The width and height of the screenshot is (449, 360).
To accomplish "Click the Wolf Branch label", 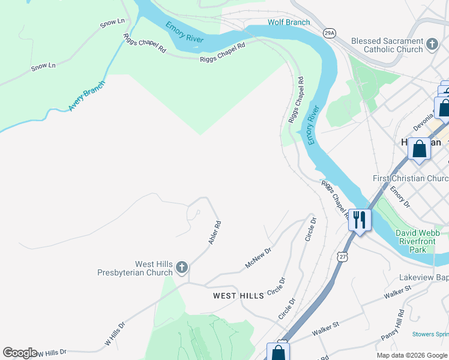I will (289, 23).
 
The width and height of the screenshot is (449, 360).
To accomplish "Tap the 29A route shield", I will (328, 32).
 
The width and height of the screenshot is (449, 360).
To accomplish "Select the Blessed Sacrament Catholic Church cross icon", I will (432, 44).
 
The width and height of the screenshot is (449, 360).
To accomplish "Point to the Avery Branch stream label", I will (86, 96).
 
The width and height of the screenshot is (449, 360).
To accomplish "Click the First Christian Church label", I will (411, 179).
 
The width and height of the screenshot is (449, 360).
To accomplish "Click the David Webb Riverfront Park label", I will (417, 241).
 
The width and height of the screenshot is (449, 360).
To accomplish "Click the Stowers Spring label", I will (430, 334).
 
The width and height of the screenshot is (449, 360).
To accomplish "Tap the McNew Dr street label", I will (258, 257).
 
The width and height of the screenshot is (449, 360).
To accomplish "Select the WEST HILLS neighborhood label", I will (238, 296).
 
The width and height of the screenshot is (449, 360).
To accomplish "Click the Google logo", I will (20, 353).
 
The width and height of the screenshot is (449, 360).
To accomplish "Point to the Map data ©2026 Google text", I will (412, 355).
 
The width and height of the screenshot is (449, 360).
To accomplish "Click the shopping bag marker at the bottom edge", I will (278, 352).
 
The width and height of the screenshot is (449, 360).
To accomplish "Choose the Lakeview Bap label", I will (424, 278).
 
